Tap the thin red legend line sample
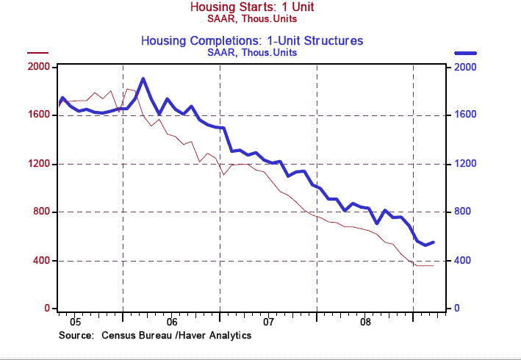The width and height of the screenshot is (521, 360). coord(38,53)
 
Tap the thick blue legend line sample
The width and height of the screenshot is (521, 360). coord(465,53)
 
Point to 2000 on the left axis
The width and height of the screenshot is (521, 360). coord(38,67)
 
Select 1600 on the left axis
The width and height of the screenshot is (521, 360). coord(38,115)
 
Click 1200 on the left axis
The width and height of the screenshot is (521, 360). coord(38,164)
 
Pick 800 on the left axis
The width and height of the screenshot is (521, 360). coord(41,212)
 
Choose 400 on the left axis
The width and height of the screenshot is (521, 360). coord(41,261)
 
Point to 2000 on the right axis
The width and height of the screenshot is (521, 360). coord(466,67)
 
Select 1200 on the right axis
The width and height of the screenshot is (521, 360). coord(466,164)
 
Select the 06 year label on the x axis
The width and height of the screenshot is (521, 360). coord(170,322)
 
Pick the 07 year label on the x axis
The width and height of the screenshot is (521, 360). coord(268,322)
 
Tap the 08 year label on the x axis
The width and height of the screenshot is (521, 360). coord(365,322)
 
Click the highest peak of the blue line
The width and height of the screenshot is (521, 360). coord(143,79)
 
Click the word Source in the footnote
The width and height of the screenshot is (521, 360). coord(75,335)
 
